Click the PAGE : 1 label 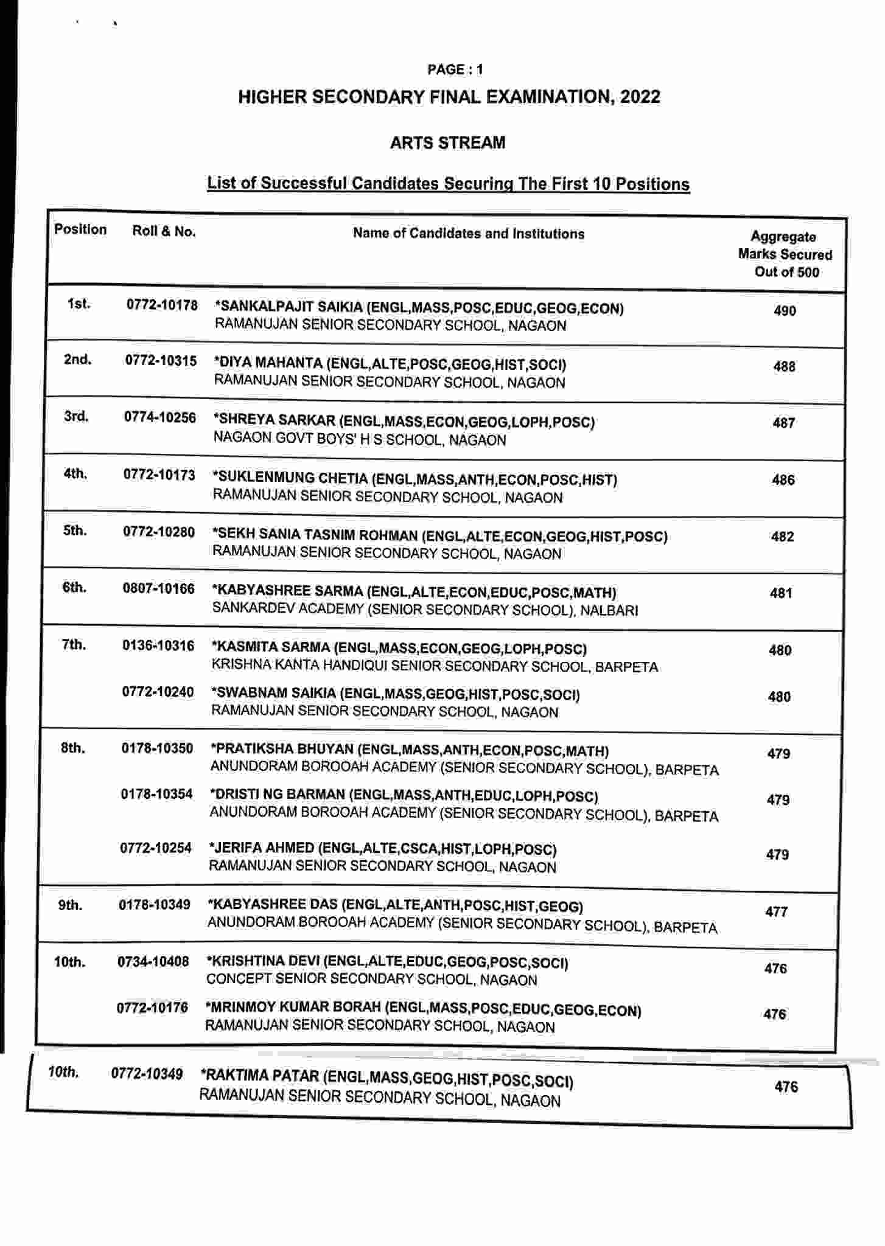(x=455, y=69)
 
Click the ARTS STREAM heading (x=447, y=143)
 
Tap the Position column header (x=80, y=229)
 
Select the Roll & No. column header (x=164, y=231)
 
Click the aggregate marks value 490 (x=785, y=311)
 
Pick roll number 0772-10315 (x=161, y=361)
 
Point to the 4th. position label (x=75, y=473)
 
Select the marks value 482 (x=782, y=537)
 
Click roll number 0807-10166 (x=159, y=588)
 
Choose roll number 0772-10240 (x=158, y=692)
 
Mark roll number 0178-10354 (x=156, y=793)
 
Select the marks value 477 (x=777, y=911)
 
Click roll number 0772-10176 (x=152, y=1008)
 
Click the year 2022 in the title (x=640, y=97)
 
